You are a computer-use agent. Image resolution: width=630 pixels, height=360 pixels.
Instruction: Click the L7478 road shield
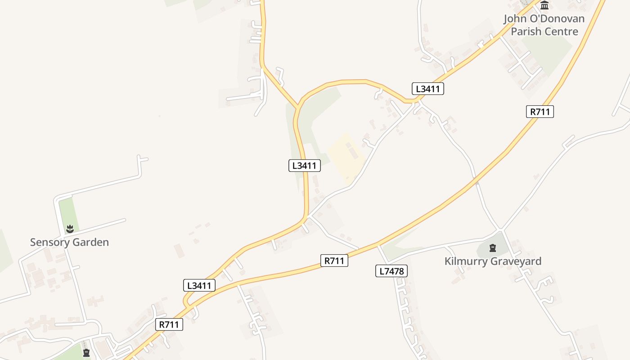pyautogui.click(x=391, y=271)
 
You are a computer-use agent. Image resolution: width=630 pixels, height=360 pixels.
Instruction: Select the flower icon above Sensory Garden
pyautogui.click(x=70, y=229)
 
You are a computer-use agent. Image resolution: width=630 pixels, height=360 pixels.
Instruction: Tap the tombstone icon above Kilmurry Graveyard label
pyautogui.click(x=492, y=248)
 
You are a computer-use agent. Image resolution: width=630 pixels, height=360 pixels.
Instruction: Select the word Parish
pyautogui.click(x=526, y=31)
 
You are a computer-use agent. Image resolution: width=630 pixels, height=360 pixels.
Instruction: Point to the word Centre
pyautogui.click(x=561, y=31)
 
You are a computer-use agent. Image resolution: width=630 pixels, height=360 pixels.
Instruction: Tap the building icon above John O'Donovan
pyautogui.click(x=544, y=5)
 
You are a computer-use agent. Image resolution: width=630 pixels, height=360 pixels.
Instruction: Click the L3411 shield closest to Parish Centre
pyautogui.click(x=427, y=89)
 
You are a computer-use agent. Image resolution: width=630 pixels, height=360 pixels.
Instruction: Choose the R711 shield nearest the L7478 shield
pyautogui.click(x=334, y=261)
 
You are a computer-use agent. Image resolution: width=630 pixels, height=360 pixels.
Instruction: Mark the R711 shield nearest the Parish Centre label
pyautogui.click(x=540, y=112)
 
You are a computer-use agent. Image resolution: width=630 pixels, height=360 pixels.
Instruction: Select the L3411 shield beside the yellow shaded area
pyautogui.click(x=304, y=166)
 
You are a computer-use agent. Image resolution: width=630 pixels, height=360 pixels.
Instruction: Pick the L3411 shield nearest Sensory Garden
pyautogui.click(x=199, y=285)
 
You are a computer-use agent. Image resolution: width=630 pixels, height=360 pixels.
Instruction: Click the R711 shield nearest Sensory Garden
pyautogui.click(x=169, y=324)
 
